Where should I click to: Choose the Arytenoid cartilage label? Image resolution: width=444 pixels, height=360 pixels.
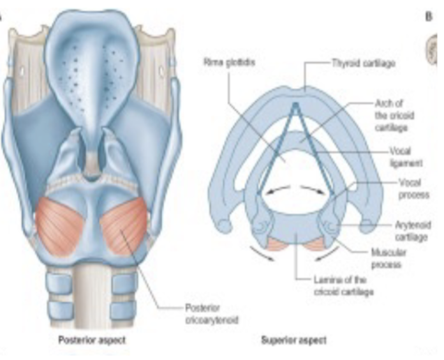tap(404, 231)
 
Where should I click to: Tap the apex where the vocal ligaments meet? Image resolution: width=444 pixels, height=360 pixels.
tap(295, 103)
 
